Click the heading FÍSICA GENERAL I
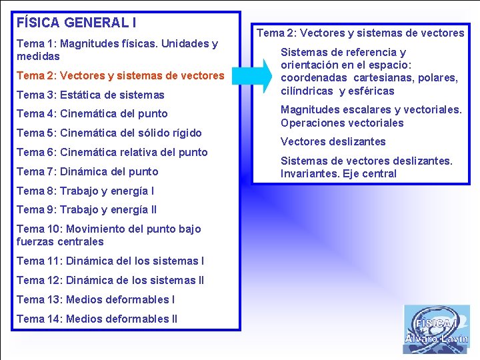pyautogui.click(x=77, y=23)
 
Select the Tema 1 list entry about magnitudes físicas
pyautogui.click(x=117, y=50)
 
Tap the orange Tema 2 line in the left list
pyautogui.click(x=120, y=76)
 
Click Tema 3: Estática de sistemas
pyautogui.click(x=90, y=95)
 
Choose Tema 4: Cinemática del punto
pyautogui.click(x=92, y=113)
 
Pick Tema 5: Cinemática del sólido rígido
pyautogui.click(x=109, y=133)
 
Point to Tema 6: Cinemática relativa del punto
pyautogui.click(x=112, y=152)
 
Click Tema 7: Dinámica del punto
pyautogui.click(x=87, y=171)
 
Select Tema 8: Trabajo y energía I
pyautogui.click(x=85, y=191)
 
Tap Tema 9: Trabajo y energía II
pyautogui.click(x=87, y=209)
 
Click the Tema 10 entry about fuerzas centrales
pyautogui.click(x=108, y=235)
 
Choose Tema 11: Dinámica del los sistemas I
pyautogui.click(x=110, y=261)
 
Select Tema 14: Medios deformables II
pyautogui.click(x=97, y=319)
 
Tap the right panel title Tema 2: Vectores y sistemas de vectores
pyautogui.click(x=360, y=33)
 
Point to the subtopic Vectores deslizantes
pyautogui.click(x=333, y=141)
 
